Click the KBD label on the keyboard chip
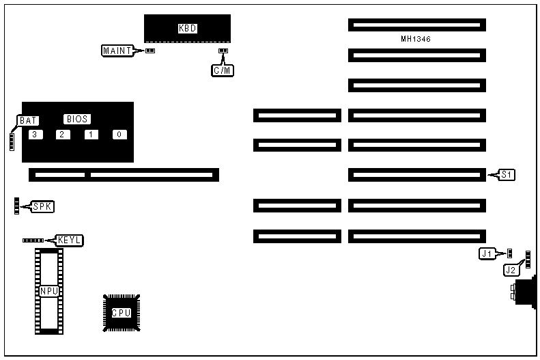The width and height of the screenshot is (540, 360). [x=186, y=29]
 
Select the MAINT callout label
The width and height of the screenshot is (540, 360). [x=117, y=50]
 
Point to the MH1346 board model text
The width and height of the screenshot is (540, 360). [x=416, y=39]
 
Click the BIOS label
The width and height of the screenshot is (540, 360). [x=77, y=118]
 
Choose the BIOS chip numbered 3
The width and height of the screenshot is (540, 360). [x=34, y=134]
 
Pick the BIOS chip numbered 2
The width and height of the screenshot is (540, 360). [x=62, y=134]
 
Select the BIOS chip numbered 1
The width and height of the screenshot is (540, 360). [x=91, y=134]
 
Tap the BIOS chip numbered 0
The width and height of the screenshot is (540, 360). [x=119, y=134]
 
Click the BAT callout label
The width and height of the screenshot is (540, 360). [x=28, y=120]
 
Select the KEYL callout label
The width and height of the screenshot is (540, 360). [x=70, y=240]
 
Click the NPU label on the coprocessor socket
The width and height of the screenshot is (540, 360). [x=49, y=291]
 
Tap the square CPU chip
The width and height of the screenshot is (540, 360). [x=122, y=313]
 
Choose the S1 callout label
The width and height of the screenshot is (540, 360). [x=506, y=175]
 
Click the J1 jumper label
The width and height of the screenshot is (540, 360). [x=487, y=253]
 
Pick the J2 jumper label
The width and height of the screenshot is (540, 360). [x=511, y=270]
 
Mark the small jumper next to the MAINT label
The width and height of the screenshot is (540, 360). [x=150, y=51]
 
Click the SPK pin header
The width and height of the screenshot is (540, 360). [x=16, y=206]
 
